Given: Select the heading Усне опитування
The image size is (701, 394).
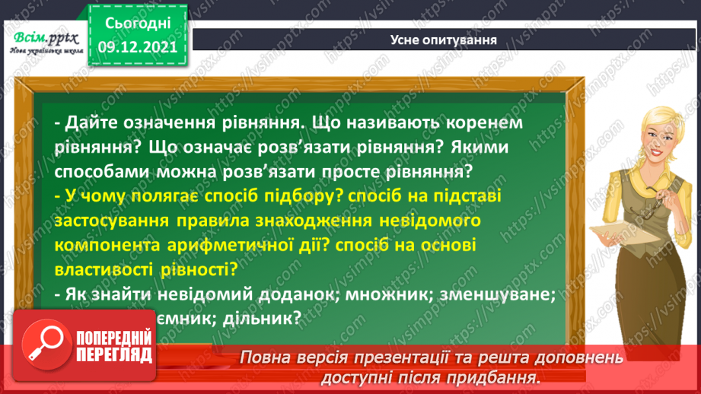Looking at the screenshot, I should [443, 40].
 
